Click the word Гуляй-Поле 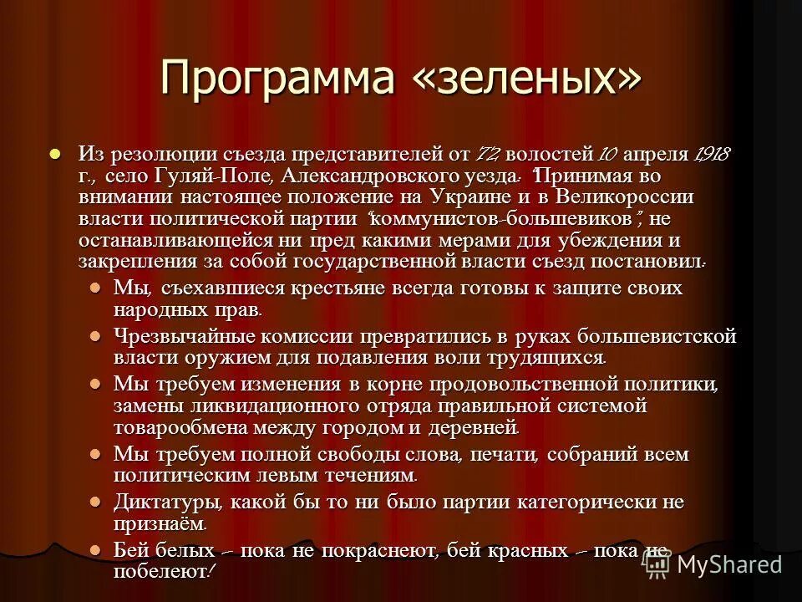(x=223, y=176)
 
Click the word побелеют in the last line (x=159, y=572)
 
